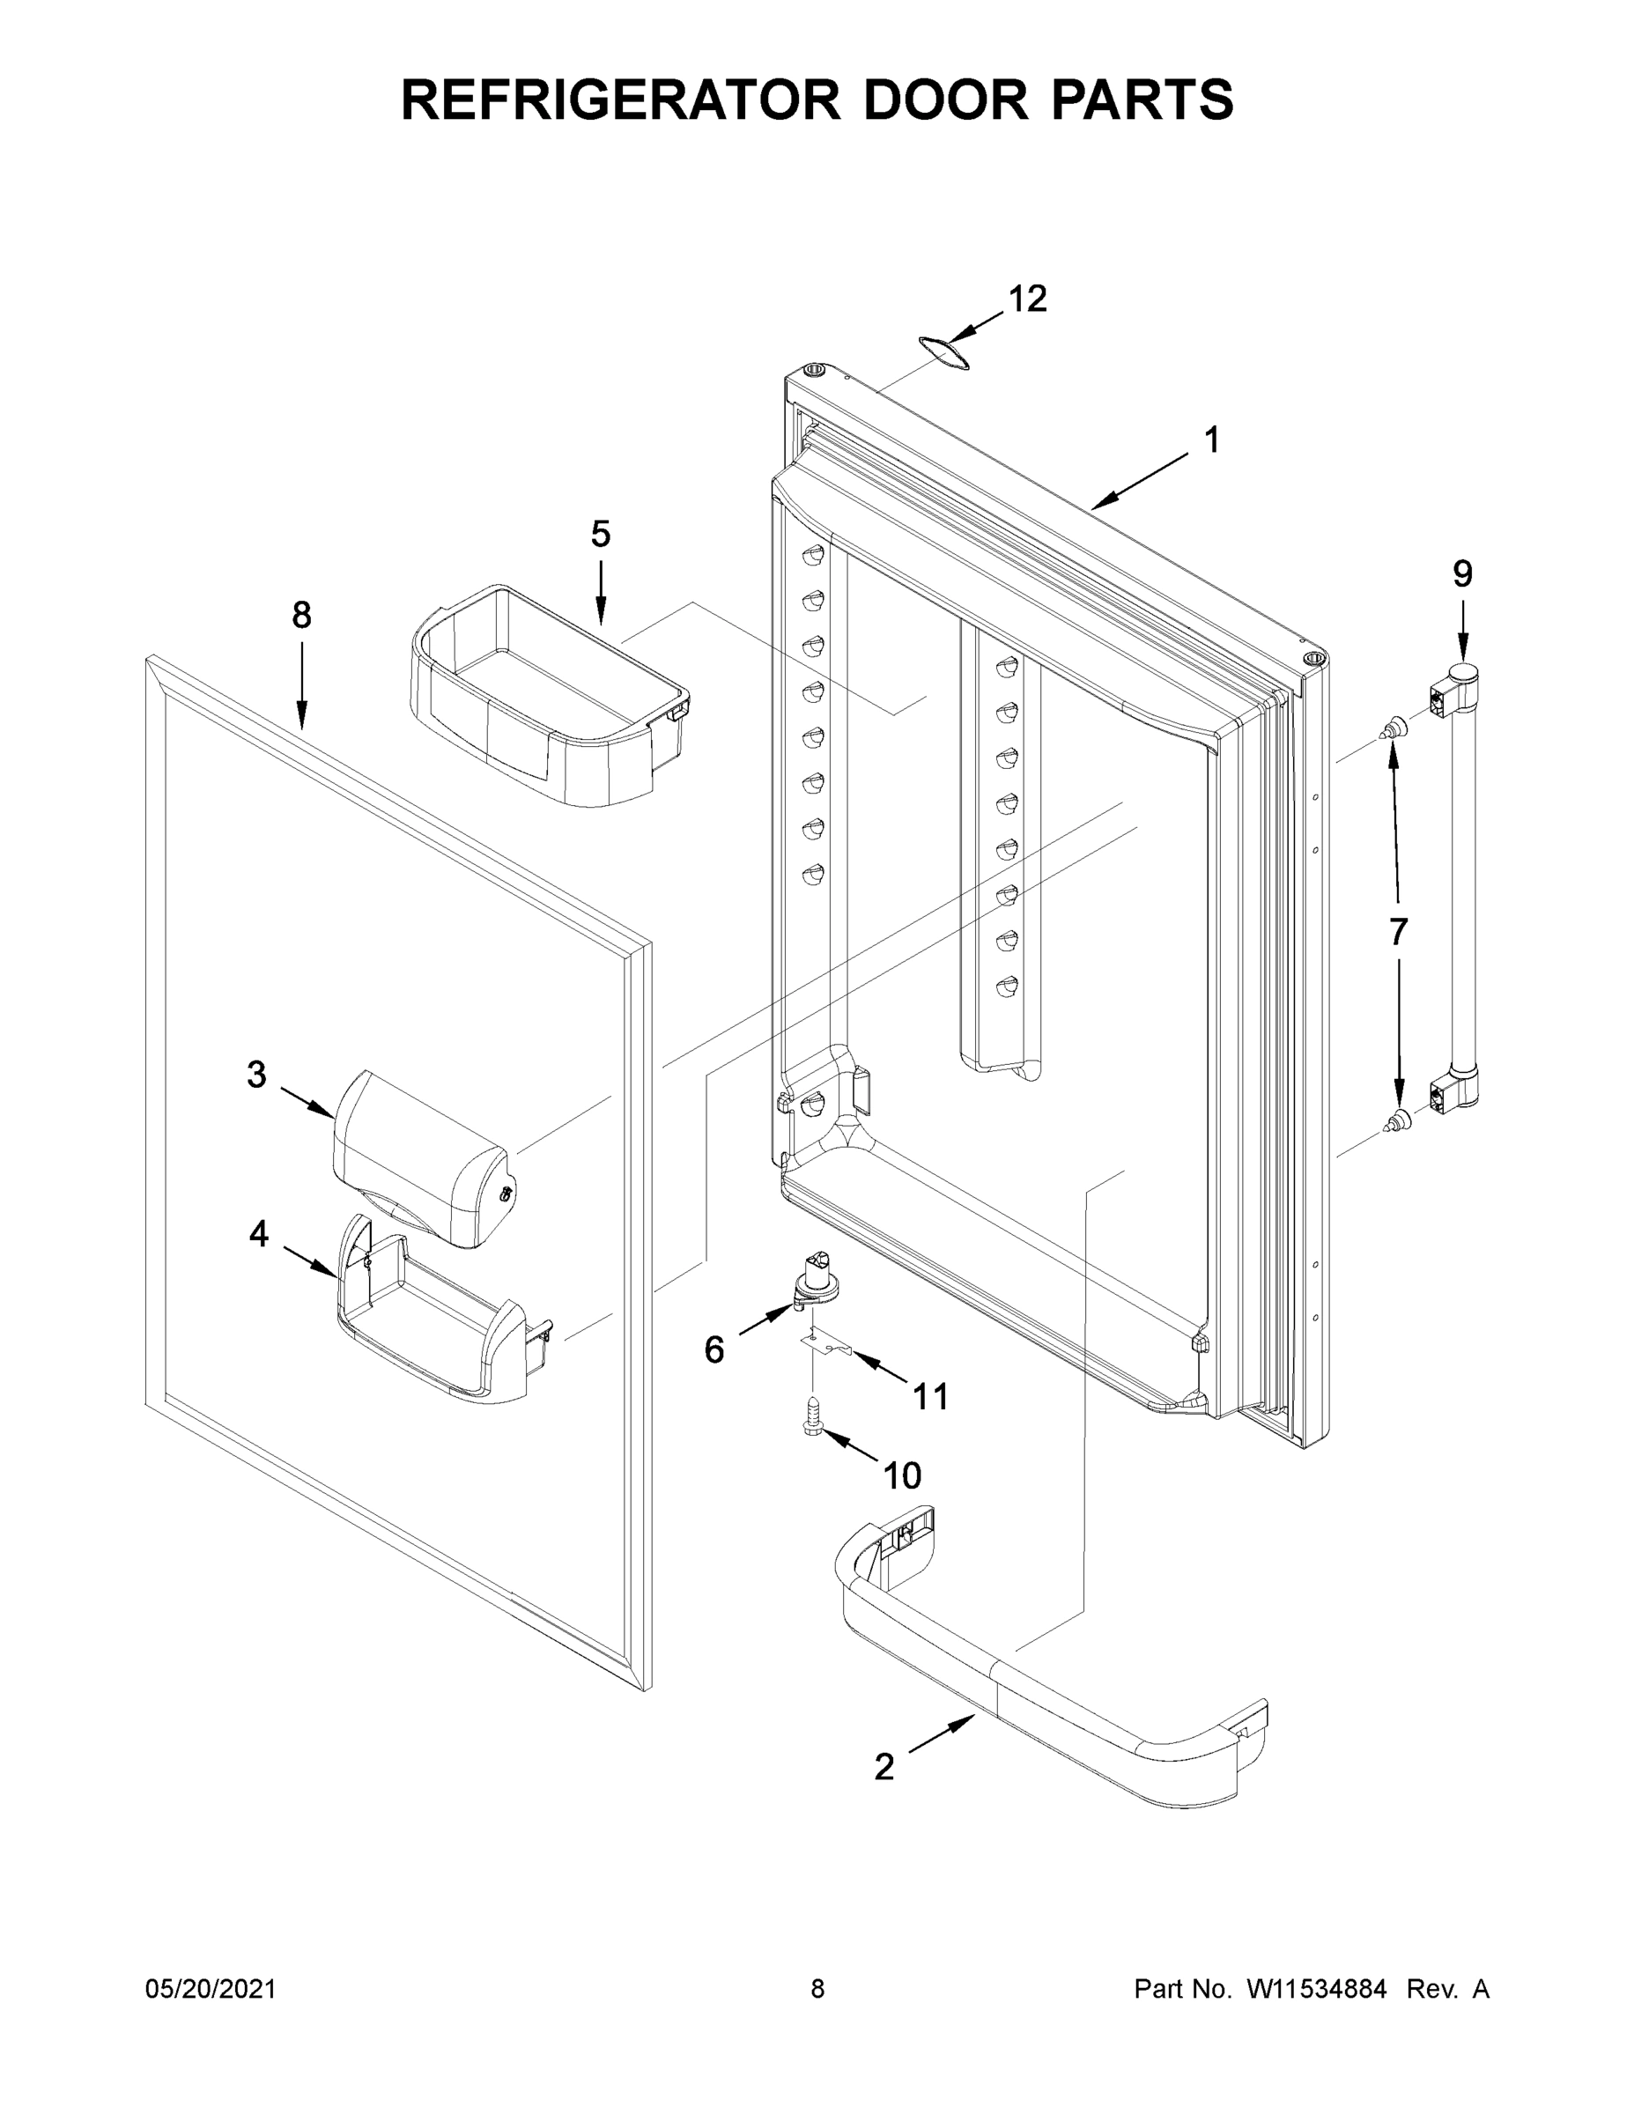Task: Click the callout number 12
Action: (1027, 299)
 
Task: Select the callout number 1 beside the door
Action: (1211, 440)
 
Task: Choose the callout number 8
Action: (302, 615)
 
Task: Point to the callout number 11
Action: (930, 1397)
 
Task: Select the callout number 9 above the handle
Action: (1461, 574)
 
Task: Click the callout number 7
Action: (1398, 931)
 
